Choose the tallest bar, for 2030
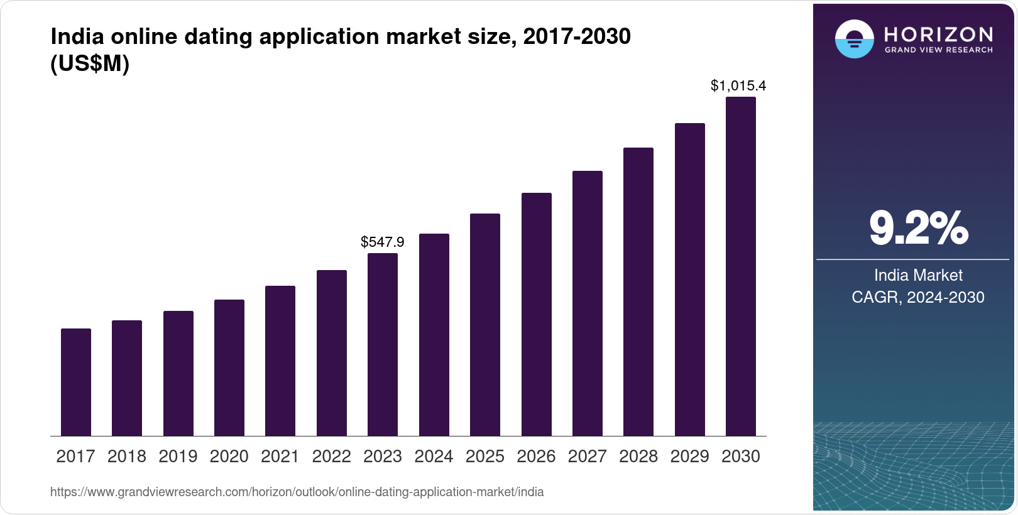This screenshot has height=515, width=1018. point(741,266)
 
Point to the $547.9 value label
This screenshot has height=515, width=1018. point(383,242)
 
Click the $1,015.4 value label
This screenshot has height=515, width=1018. point(738,85)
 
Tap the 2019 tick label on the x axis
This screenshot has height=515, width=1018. point(178,457)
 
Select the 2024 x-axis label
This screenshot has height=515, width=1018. point(434,457)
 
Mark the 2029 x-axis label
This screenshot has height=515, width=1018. point(689,457)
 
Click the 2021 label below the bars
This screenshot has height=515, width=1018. point(280,457)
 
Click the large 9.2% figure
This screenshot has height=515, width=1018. point(918,228)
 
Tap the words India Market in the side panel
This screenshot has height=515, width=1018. point(918,275)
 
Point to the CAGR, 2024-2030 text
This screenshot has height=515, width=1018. point(918,297)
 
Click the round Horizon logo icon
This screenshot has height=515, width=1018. point(854,39)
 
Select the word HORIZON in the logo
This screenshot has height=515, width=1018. point(938,34)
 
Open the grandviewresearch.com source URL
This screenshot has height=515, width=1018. point(297,492)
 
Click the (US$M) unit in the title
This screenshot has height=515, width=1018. point(90,63)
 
